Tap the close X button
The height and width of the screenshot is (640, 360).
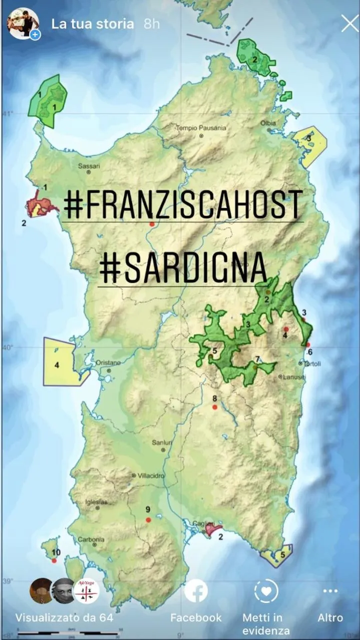click(x=349, y=24)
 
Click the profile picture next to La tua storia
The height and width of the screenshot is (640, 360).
click(x=23, y=24)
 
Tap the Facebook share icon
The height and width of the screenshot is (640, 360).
click(x=196, y=591)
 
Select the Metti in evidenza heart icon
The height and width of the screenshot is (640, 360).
click(x=266, y=591)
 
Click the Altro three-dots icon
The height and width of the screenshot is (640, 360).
click(x=330, y=591)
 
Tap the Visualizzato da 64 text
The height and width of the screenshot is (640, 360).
click(x=64, y=618)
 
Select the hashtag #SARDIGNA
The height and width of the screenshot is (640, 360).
click(x=183, y=268)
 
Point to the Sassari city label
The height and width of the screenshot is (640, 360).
click(x=89, y=166)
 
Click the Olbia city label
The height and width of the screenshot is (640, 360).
click(x=268, y=123)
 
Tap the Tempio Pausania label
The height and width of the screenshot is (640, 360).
click(x=200, y=128)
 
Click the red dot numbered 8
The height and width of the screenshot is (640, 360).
click(x=215, y=407)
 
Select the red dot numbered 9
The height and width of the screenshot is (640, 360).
click(x=148, y=520)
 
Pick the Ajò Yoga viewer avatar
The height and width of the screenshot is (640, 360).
click(x=87, y=591)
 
